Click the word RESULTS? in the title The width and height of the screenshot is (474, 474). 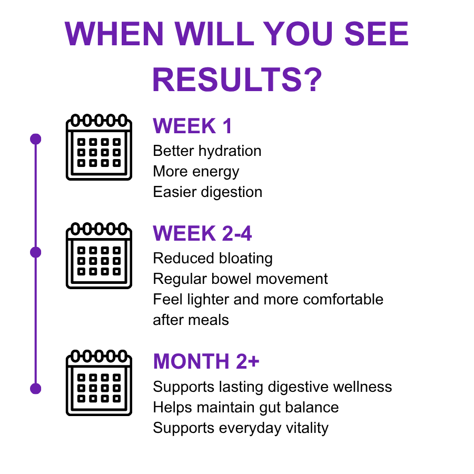(x=238, y=80)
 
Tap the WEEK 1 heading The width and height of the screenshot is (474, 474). (x=192, y=126)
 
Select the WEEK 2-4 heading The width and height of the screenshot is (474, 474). (x=202, y=233)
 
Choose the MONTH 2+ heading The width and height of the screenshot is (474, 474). (x=206, y=361)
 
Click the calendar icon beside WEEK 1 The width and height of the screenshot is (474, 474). (x=99, y=147)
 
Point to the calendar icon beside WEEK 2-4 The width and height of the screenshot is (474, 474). (x=99, y=255)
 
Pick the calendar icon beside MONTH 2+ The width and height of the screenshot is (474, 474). (x=99, y=383)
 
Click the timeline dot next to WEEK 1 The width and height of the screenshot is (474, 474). (x=36, y=139)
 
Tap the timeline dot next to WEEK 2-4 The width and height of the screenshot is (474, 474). (x=36, y=252)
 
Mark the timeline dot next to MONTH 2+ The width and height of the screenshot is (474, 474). (x=36, y=389)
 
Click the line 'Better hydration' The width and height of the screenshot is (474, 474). (x=207, y=151)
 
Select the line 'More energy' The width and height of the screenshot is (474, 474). (x=196, y=172)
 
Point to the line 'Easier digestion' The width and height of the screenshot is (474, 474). (x=208, y=192)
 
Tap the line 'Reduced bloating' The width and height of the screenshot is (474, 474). (x=213, y=259)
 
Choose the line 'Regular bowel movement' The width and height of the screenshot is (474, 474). (x=240, y=279)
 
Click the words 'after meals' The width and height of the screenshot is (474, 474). (x=191, y=320)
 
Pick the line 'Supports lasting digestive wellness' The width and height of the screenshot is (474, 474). (x=272, y=387)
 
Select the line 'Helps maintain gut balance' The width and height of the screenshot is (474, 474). (x=246, y=408)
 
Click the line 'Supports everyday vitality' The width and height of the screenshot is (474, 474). (x=241, y=428)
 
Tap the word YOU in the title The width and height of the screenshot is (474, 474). (x=298, y=34)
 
